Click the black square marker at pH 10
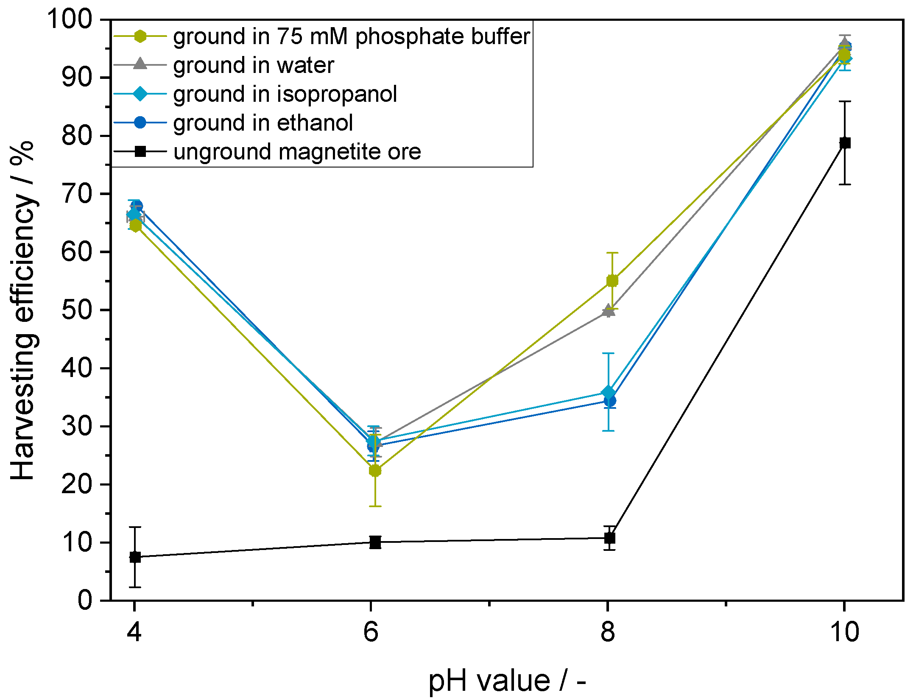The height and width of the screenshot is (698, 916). [x=845, y=143]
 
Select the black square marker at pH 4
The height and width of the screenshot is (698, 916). [x=135, y=557]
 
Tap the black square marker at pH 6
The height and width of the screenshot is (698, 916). [x=375, y=542]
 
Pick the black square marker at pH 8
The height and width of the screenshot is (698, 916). [x=609, y=538]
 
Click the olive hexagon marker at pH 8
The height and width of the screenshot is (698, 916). [x=612, y=281]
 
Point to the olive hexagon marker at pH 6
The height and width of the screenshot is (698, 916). [x=375, y=470]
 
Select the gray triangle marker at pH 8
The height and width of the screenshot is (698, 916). [x=609, y=310]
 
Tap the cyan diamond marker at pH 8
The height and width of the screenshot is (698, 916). [x=609, y=392]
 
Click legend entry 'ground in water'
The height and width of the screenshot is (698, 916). [x=254, y=65]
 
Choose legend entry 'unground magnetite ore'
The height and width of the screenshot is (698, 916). [x=297, y=151]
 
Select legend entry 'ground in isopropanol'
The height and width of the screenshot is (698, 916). [x=285, y=94]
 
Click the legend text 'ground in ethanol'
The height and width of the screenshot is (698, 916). [x=263, y=123]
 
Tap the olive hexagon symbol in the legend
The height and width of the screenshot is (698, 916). [x=140, y=36]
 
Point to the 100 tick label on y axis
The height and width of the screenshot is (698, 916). [x=69, y=19]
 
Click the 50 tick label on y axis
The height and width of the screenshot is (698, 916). [x=77, y=310]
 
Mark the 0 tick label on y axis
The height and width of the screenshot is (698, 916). [x=85, y=600]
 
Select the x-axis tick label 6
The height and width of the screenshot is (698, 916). [x=371, y=632]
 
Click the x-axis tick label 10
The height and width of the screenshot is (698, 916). [x=844, y=632]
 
